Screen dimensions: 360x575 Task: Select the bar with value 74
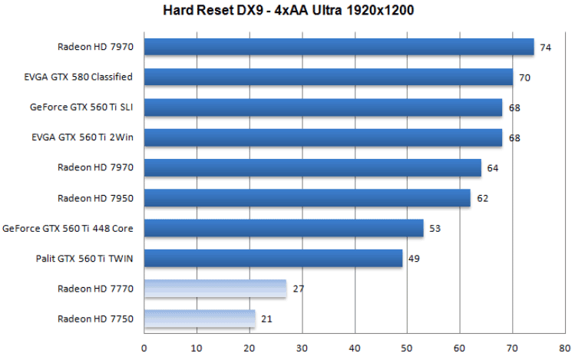point(339,47)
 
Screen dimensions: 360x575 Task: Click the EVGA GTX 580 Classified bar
point(328,77)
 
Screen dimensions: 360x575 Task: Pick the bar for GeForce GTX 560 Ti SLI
point(322,107)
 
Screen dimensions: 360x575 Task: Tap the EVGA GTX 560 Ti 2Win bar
point(322,137)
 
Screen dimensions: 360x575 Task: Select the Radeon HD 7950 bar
point(307,198)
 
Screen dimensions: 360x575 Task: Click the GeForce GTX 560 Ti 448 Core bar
point(283,228)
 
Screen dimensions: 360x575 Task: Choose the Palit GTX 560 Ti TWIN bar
point(273,258)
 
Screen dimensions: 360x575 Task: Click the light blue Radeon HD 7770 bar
point(215,289)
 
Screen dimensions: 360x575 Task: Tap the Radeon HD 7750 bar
point(199,319)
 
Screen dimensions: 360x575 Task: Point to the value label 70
point(525,78)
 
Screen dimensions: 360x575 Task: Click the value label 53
point(435,229)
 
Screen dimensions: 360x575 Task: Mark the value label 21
point(266,319)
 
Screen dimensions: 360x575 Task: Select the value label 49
point(414,259)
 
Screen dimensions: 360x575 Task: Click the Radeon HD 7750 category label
point(95,319)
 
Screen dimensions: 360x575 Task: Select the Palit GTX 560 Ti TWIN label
point(84,258)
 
